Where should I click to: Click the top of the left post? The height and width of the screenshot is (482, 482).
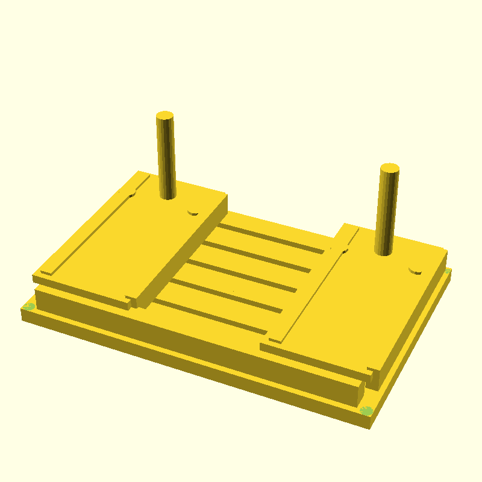click(x=164, y=115)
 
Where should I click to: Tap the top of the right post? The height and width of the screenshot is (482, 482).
click(x=390, y=168)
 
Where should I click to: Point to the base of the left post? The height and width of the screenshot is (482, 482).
click(x=168, y=195)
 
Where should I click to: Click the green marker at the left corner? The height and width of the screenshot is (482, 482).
click(x=28, y=307)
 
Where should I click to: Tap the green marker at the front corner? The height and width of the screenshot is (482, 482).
click(x=366, y=411)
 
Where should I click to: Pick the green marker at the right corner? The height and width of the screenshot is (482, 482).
click(x=448, y=271)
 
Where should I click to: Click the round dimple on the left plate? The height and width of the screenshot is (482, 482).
click(x=193, y=212)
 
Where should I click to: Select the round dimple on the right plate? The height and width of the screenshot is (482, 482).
click(x=415, y=271)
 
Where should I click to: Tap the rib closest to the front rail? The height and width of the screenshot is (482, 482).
click(x=217, y=316)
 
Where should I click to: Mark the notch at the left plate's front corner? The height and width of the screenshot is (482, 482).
click(x=130, y=298)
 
